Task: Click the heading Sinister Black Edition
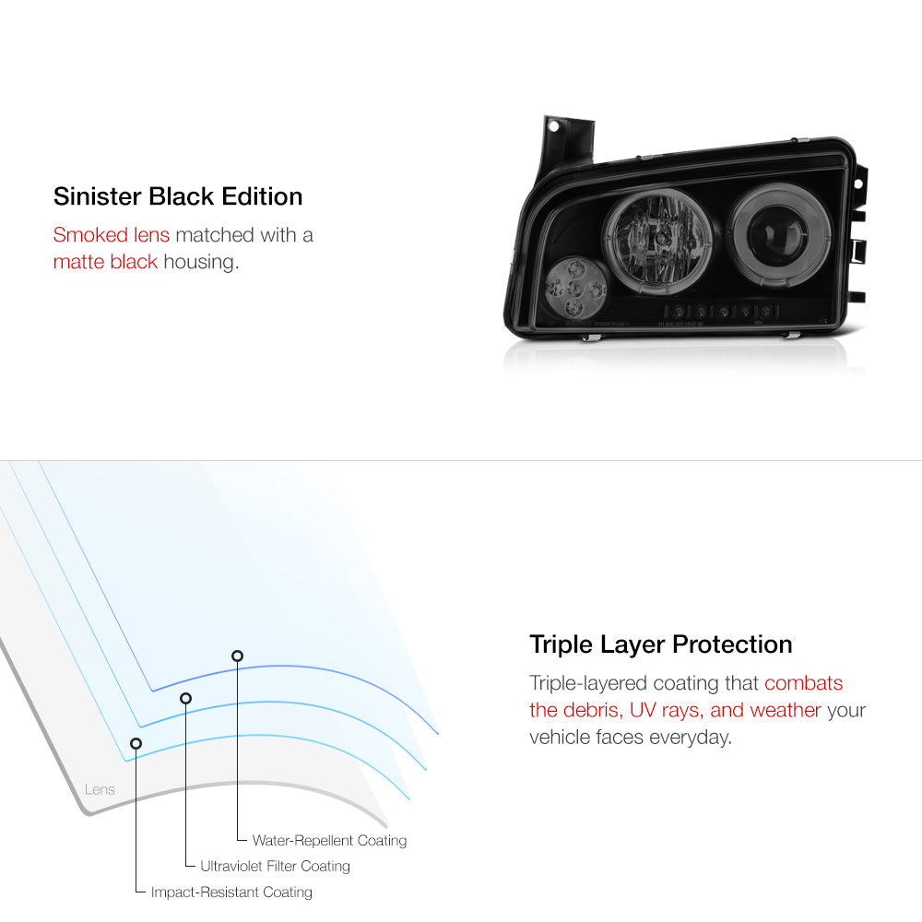(178, 196)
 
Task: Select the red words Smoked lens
(112, 235)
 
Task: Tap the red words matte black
(105, 262)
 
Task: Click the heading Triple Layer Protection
(660, 644)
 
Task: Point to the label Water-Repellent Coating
(329, 841)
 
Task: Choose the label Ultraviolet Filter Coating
(275, 867)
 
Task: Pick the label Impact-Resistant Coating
(231, 892)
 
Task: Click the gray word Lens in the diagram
(100, 790)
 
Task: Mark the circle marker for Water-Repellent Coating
(237, 656)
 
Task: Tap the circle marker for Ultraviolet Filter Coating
(185, 698)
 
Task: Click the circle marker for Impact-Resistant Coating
(136, 743)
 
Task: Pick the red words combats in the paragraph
(803, 683)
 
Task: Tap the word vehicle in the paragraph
(560, 738)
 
